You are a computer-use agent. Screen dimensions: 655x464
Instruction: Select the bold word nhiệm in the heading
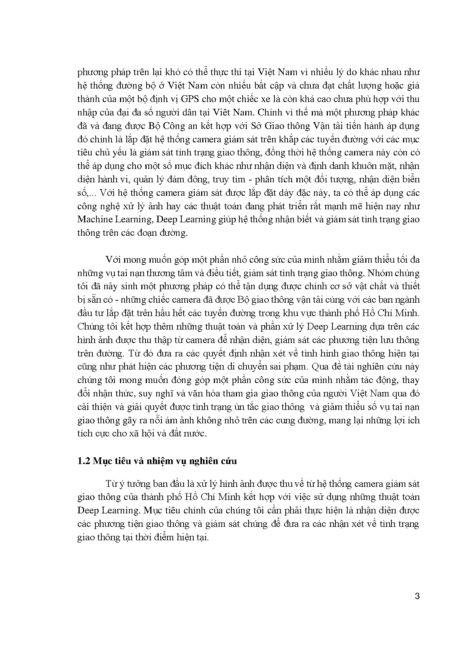(150, 461)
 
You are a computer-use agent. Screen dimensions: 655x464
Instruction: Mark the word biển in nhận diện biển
(411, 179)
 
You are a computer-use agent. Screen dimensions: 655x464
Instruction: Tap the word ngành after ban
(408, 300)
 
